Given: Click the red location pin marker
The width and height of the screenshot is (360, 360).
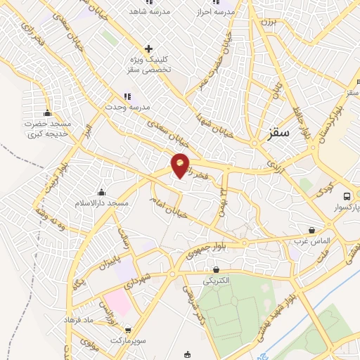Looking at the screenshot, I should (181, 165).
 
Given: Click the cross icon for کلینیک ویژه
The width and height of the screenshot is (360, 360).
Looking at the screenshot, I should (148, 49).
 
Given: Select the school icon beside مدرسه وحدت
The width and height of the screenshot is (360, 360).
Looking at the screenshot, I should (127, 96).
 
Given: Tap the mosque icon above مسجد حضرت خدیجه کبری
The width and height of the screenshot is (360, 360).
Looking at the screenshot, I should (47, 112).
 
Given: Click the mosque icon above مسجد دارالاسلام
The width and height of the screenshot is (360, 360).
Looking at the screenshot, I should (101, 192).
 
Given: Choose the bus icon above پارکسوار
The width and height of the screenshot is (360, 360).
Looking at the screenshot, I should (346, 196).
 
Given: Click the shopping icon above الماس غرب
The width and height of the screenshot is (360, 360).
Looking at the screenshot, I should (311, 230).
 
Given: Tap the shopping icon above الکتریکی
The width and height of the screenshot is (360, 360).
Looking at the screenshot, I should (216, 269).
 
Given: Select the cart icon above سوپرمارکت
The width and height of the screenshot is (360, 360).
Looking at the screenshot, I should (127, 330).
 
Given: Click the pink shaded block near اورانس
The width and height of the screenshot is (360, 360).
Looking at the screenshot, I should (120, 302).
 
